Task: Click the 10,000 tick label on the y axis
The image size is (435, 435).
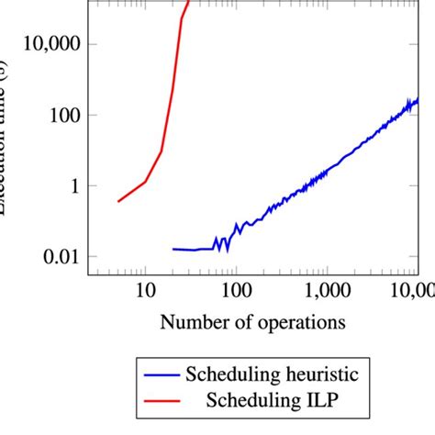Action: (50, 44)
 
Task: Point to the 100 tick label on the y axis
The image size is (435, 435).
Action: (62, 116)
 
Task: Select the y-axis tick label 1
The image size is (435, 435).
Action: (74, 186)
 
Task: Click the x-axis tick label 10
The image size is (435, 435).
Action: (145, 293)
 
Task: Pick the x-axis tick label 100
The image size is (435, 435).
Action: (236, 293)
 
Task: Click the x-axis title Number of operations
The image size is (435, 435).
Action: (253, 322)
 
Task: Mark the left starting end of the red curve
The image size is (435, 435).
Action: (117, 201)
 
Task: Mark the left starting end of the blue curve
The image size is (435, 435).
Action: (173, 249)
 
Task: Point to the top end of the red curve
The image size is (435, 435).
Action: (188, 2)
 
